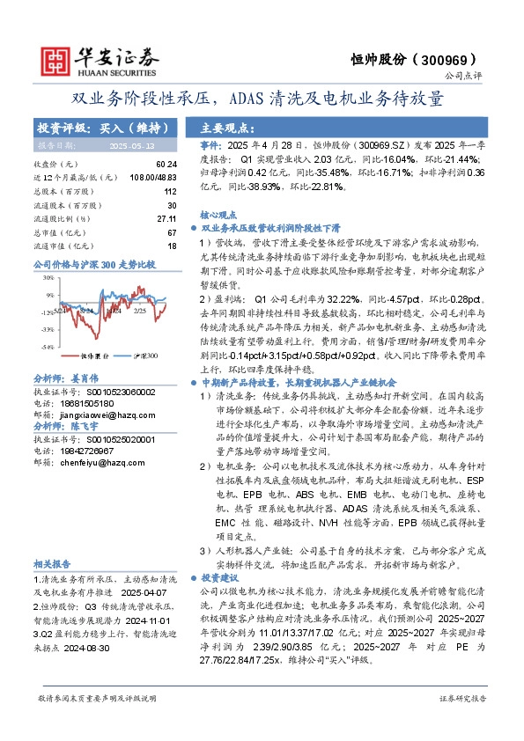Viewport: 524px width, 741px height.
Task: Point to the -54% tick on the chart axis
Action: click(41, 345)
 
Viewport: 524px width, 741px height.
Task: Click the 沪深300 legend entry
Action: click(142, 356)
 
